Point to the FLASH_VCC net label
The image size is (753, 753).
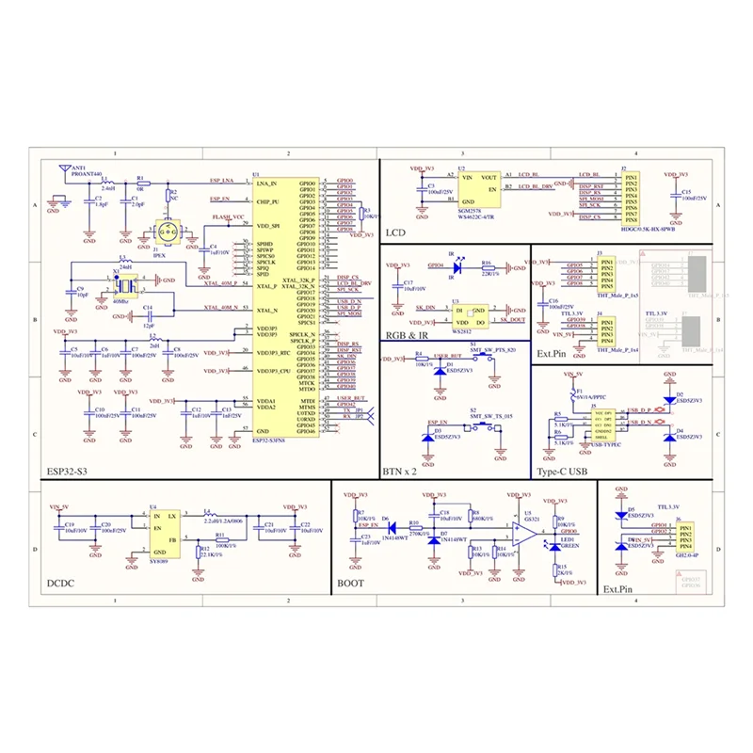point(228,217)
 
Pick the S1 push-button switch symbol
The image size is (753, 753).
point(483,355)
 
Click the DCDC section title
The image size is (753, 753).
point(62,584)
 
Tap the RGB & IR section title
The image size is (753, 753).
point(407,335)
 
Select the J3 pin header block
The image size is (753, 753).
point(605,272)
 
